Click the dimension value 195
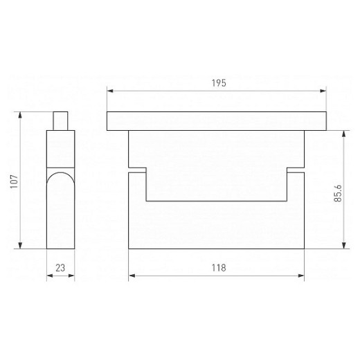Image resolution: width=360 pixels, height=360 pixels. click(219, 83)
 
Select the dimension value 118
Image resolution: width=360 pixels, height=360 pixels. click(219, 268)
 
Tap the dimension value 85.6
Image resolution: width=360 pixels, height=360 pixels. click(338, 194)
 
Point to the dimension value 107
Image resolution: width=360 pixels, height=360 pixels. click(14, 181)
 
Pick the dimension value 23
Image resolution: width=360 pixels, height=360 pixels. click(60, 268)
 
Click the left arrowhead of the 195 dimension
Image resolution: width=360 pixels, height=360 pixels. click(110, 91)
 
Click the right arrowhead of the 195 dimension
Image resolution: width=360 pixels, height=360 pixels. click(323, 91)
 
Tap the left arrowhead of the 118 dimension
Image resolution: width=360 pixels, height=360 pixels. click(132, 276)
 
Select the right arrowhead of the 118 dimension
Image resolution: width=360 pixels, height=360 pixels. click(301, 276)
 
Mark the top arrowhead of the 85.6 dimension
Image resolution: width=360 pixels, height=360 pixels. click(344, 134)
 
